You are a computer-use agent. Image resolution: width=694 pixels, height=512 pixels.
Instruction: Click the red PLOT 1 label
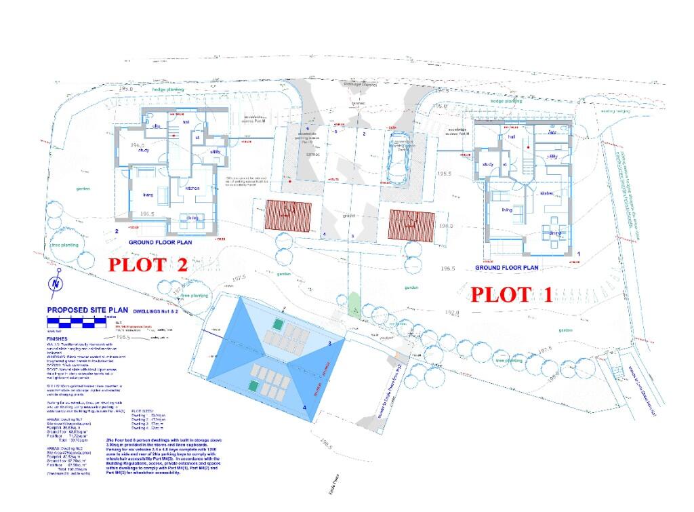[x=512, y=294]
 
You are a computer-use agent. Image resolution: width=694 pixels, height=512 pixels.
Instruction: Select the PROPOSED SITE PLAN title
[x=87, y=310]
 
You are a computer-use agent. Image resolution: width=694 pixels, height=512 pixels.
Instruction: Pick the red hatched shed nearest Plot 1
[x=411, y=224]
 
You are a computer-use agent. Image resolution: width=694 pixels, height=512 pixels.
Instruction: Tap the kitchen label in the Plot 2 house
[x=191, y=188]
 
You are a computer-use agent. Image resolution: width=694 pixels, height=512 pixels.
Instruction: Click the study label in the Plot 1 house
[x=488, y=165]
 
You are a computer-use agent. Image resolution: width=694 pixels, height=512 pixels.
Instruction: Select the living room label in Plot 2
[x=147, y=195]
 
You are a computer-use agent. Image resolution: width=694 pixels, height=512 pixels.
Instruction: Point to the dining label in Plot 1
[x=556, y=233]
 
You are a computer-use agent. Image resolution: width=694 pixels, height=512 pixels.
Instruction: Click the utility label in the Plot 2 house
[x=216, y=152]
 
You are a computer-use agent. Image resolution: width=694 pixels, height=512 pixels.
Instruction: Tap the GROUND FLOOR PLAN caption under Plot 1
[x=507, y=268]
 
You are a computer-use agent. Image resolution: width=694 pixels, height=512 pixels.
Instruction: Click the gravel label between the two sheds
[x=349, y=216]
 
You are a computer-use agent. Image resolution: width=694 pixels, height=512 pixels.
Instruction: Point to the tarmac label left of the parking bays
[x=312, y=155]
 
